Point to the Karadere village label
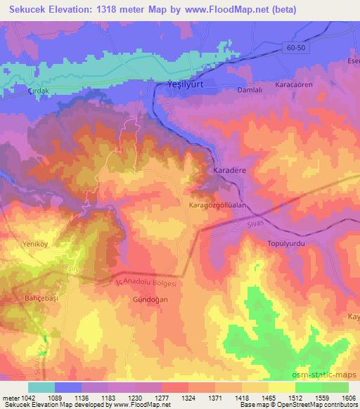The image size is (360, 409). tap(229, 171)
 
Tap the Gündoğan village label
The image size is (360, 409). tap(147, 299)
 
